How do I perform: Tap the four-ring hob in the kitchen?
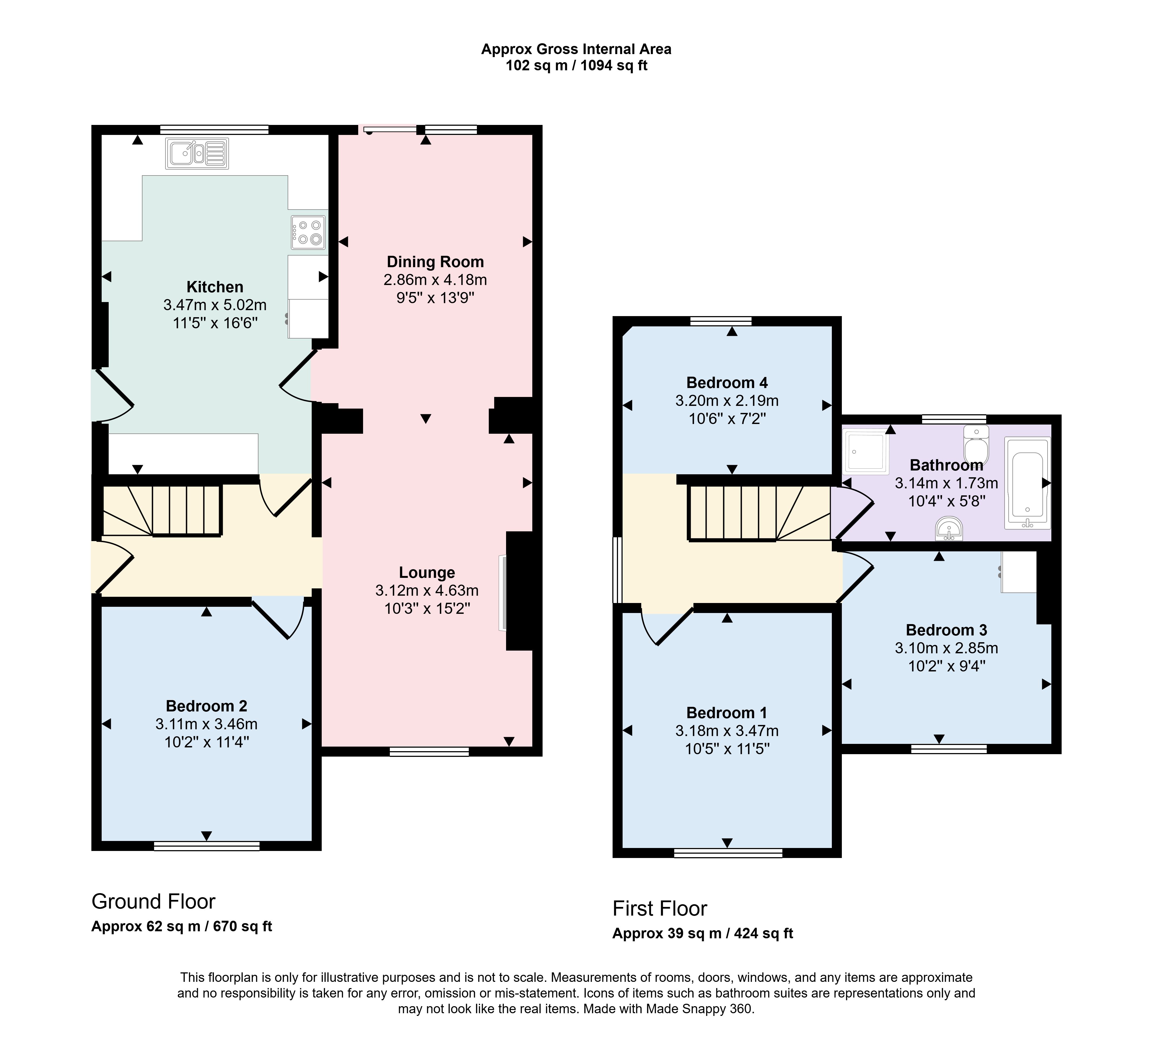coord(308,233)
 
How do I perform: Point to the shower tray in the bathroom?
coord(865,451)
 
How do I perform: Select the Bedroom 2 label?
coord(206,706)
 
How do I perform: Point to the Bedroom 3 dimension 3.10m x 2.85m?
coord(946,648)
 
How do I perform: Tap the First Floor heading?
coord(660,908)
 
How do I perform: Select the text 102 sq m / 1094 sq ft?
coord(576,65)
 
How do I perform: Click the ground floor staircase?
coord(162,511)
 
